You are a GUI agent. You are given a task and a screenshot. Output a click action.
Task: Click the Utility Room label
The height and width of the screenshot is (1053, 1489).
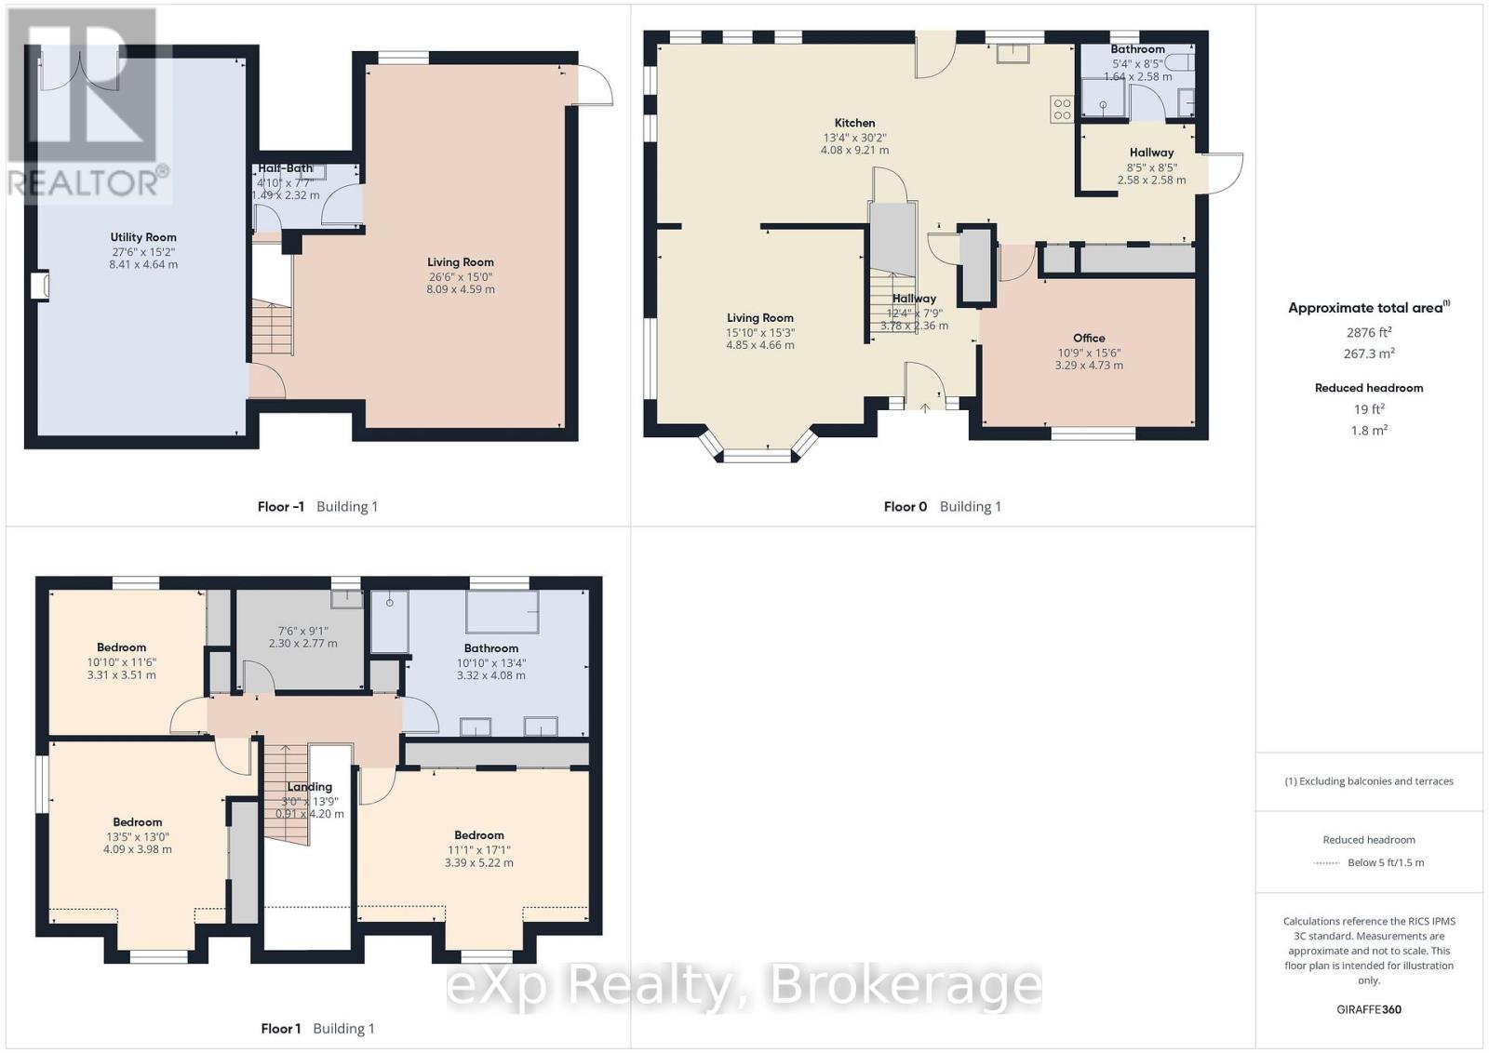click(142, 237)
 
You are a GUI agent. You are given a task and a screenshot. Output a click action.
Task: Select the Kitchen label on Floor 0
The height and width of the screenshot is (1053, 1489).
click(854, 123)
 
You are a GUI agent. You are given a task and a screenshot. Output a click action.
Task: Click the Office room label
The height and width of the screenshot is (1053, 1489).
click(1088, 338)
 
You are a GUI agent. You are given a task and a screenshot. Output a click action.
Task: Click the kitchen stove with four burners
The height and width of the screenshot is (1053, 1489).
click(1062, 109)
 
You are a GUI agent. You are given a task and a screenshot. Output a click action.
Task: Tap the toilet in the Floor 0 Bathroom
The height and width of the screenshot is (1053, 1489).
click(1179, 62)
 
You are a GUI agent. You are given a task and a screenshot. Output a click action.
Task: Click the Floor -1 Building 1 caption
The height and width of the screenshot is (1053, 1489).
click(317, 507)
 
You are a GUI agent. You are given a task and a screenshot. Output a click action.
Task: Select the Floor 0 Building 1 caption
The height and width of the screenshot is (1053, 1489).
click(942, 507)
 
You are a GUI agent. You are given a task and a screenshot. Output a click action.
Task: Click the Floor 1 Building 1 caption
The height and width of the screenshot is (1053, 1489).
click(317, 1029)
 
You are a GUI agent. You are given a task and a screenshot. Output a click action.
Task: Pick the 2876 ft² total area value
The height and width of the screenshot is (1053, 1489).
click(1368, 332)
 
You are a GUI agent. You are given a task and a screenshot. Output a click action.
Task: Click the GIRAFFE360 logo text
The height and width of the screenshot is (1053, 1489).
click(1368, 1009)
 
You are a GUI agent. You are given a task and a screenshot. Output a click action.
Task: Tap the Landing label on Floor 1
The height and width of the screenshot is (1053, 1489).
click(309, 787)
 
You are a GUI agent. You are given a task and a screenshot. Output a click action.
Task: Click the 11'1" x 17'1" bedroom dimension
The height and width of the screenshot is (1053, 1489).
click(478, 849)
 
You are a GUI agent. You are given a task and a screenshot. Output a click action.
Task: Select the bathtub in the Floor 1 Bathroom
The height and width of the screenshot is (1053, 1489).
click(503, 611)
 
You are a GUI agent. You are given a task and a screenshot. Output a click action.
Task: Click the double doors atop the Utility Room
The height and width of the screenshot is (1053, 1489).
click(81, 70)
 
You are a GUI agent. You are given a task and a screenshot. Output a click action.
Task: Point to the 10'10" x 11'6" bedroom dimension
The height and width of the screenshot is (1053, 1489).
click(121, 662)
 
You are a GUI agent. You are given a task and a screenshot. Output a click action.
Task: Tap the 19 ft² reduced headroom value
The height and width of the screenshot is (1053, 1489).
click(1368, 409)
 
